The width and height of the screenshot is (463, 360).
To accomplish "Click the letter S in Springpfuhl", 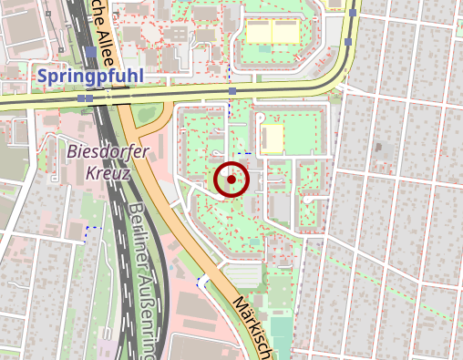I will point(45,75).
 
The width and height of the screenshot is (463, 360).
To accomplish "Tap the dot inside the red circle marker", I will point(231,180).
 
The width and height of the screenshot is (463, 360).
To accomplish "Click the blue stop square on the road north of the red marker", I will point(233,91).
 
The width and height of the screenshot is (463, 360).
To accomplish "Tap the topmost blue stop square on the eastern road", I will point(352,14).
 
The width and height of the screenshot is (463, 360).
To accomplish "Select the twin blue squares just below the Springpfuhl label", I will point(85,97).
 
